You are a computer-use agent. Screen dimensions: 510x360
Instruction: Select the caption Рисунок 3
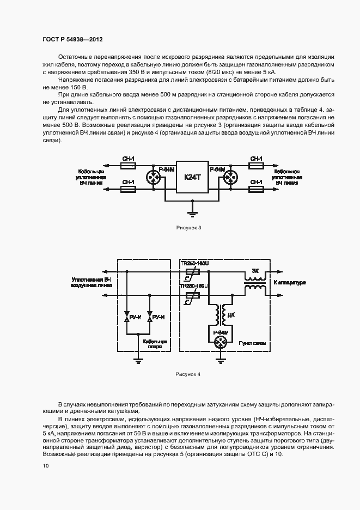tap(188, 227)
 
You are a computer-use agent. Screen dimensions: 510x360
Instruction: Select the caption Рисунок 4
tap(188, 375)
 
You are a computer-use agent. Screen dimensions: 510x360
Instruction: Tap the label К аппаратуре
tap(289, 283)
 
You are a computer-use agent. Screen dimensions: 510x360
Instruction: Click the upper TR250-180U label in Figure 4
tap(194, 263)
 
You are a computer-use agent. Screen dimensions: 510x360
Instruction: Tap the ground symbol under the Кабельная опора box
tap(138, 360)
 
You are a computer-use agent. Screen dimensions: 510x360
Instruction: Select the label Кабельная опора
tap(154, 344)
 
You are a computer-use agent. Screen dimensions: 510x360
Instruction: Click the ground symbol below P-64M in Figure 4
tap(221, 359)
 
